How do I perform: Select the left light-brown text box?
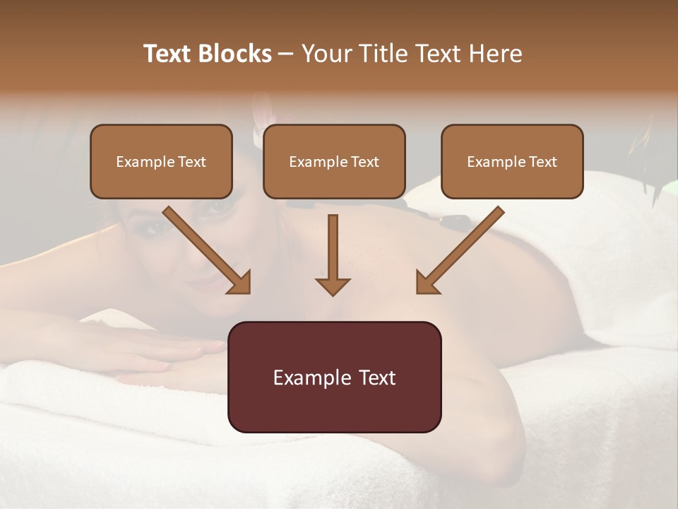point(161,162)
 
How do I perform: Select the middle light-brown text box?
point(334,162)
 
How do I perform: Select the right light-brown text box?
point(512,162)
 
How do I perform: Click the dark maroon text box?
point(334,377)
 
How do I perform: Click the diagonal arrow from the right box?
point(459,250)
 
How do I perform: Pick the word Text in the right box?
point(542,162)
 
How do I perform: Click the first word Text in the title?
point(168,54)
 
